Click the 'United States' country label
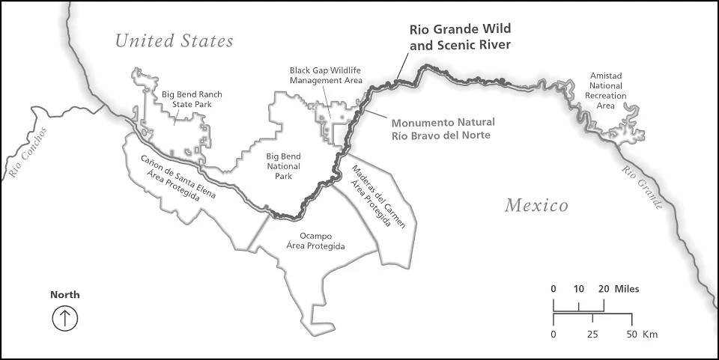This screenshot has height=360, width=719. [174, 40]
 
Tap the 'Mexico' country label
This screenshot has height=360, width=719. [536, 205]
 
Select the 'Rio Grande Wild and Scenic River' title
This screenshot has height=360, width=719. [460, 37]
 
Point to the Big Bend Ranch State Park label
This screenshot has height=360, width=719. [186, 100]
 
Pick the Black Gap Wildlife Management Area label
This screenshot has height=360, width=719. [326, 75]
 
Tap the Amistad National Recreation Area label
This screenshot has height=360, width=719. [606, 91]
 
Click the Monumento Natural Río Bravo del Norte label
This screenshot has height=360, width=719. [440, 129]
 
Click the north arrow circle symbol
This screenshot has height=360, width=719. [64, 318]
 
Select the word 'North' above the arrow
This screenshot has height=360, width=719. [64, 295]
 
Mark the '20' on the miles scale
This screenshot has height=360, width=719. [603, 289]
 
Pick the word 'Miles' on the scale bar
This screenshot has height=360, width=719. [627, 289]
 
